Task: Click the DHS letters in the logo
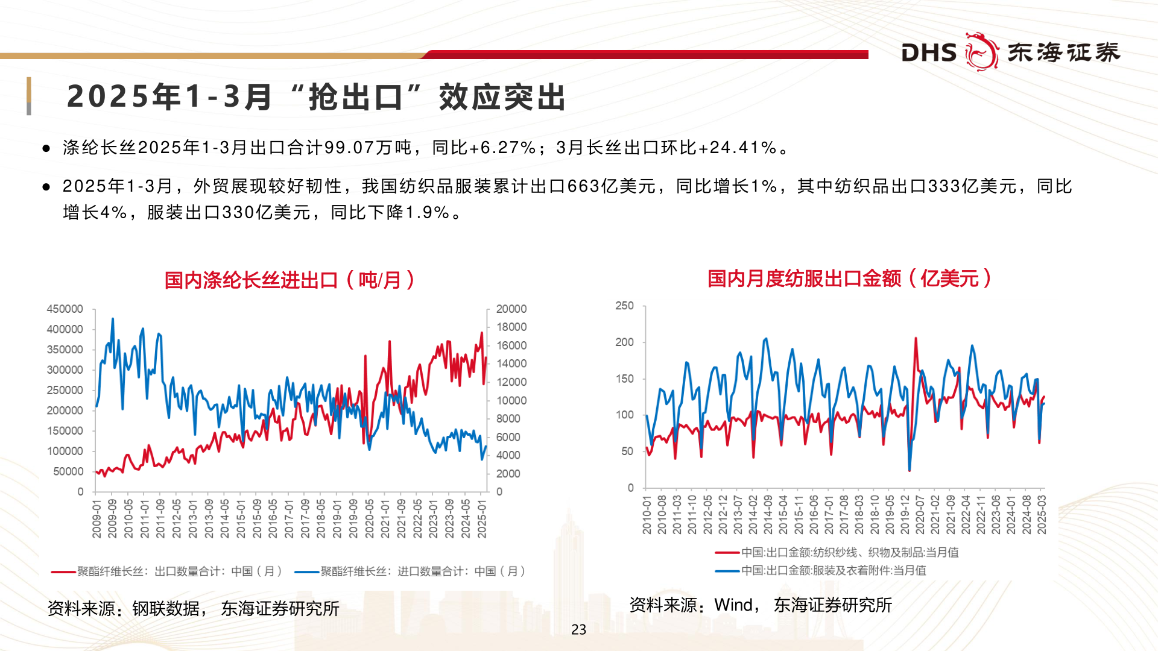[929, 53]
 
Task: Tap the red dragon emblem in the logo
[982, 52]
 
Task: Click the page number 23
[578, 629]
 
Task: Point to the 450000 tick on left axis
[65, 309]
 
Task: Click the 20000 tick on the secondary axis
[511, 309]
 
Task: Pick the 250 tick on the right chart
[624, 306]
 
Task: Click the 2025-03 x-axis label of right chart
[1042, 515]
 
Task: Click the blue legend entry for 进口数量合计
[422, 571]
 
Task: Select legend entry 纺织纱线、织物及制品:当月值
[849, 552]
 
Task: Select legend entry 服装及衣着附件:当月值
[833, 570]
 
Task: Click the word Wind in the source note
[733, 605]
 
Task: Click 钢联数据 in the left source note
[166, 609]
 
